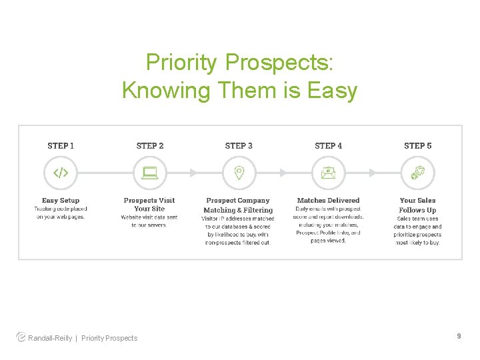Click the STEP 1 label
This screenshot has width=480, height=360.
(x=61, y=145)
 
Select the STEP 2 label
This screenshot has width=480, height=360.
(x=149, y=145)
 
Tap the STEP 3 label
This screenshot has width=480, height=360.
(x=239, y=145)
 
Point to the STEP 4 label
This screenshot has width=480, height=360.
(x=328, y=145)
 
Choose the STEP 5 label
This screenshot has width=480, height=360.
(x=417, y=145)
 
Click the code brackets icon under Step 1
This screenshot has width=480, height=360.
(x=61, y=173)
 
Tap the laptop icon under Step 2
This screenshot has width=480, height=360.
(x=149, y=173)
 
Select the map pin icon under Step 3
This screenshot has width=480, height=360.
(x=239, y=173)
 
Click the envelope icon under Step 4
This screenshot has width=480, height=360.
(x=328, y=173)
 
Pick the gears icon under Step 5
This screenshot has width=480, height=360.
(x=417, y=173)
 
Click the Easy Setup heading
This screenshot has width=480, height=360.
(x=61, y=200)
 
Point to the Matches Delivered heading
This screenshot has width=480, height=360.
(x=328, y=200)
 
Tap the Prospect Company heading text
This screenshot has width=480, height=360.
(x=238, y=200)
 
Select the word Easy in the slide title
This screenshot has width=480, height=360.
(x=333, y=90)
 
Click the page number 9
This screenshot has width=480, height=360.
(x=459, y=337)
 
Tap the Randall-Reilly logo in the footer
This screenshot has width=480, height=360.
(x=21, y=337)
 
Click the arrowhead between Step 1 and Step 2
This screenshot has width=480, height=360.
(x=104, y=173)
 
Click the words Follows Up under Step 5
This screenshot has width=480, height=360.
(x=417, y=210)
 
